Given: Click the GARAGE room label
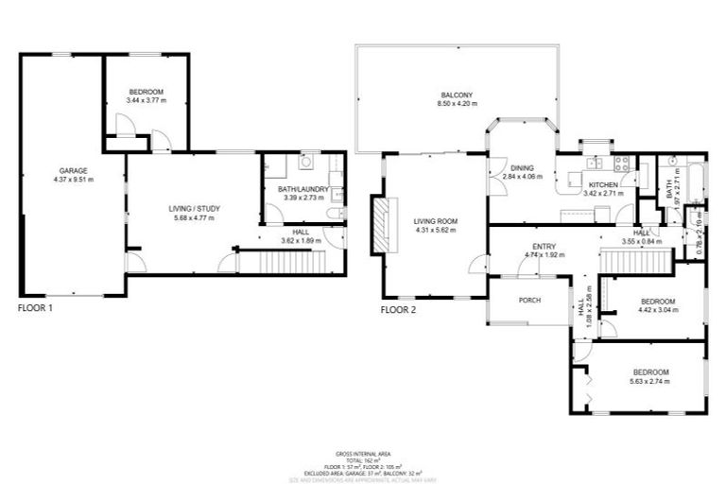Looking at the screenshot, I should coord(72,170).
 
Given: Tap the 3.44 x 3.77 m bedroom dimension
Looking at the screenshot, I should coord(147,100).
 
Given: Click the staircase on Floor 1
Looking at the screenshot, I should coord(280,262).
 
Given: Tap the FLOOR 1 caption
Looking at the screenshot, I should coord(36,308).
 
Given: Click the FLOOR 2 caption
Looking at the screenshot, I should coord(399,309).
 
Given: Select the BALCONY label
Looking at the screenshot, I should coord(456,95).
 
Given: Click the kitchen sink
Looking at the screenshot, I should coord(575,176).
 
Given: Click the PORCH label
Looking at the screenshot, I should coord(528,301).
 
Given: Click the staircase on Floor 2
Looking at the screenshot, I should coord(636,257).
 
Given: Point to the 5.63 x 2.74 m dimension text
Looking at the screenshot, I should coord(650,382).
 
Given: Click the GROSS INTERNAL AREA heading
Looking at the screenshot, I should coord(363,454).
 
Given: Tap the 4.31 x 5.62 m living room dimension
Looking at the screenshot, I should coord(435,230).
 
